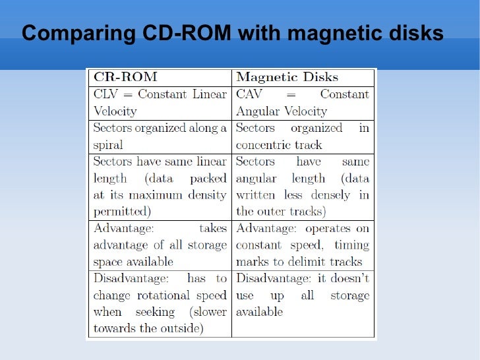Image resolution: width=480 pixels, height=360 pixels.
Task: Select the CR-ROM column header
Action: point(125,76)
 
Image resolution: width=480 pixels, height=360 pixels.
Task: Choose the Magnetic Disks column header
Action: point(287,76)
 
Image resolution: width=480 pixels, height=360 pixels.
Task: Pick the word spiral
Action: point(108,144)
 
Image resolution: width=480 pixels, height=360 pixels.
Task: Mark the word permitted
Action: point(122,212)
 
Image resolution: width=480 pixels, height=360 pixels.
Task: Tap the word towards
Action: point(115,328)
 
